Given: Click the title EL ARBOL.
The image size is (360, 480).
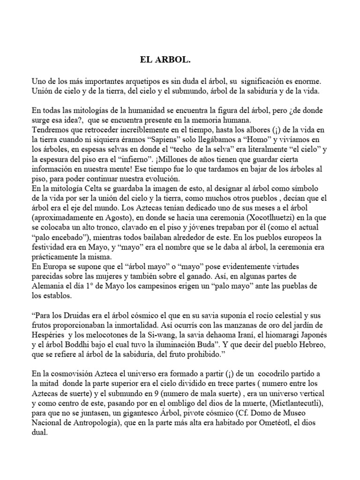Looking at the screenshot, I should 166,60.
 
